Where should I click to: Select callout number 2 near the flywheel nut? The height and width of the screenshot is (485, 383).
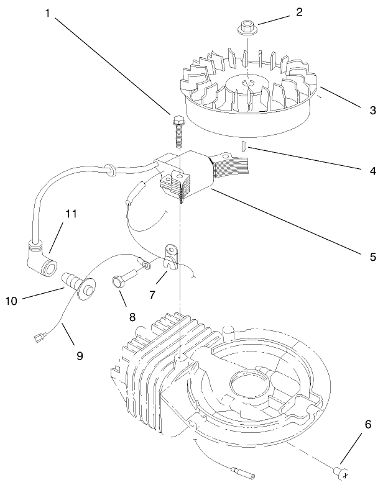click(x=298, y=12)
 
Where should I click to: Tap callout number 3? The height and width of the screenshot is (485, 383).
click(x=372, y=111)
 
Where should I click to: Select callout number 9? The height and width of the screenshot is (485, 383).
click(x=80, y=356)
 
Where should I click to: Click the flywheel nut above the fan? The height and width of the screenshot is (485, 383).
click(x=246, y=28)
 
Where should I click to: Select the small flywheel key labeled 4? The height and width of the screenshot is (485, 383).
click(x=243, y=147)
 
